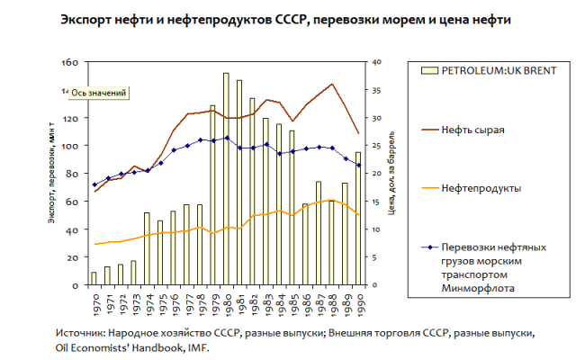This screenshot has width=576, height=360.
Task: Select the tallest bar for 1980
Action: point(226,180)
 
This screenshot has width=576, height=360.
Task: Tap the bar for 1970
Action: point(94,278)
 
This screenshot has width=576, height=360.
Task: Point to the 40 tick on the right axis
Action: point(377,62)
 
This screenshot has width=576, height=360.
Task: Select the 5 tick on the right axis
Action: point(375,257)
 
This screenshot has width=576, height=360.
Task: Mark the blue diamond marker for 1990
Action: point(357,165)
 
